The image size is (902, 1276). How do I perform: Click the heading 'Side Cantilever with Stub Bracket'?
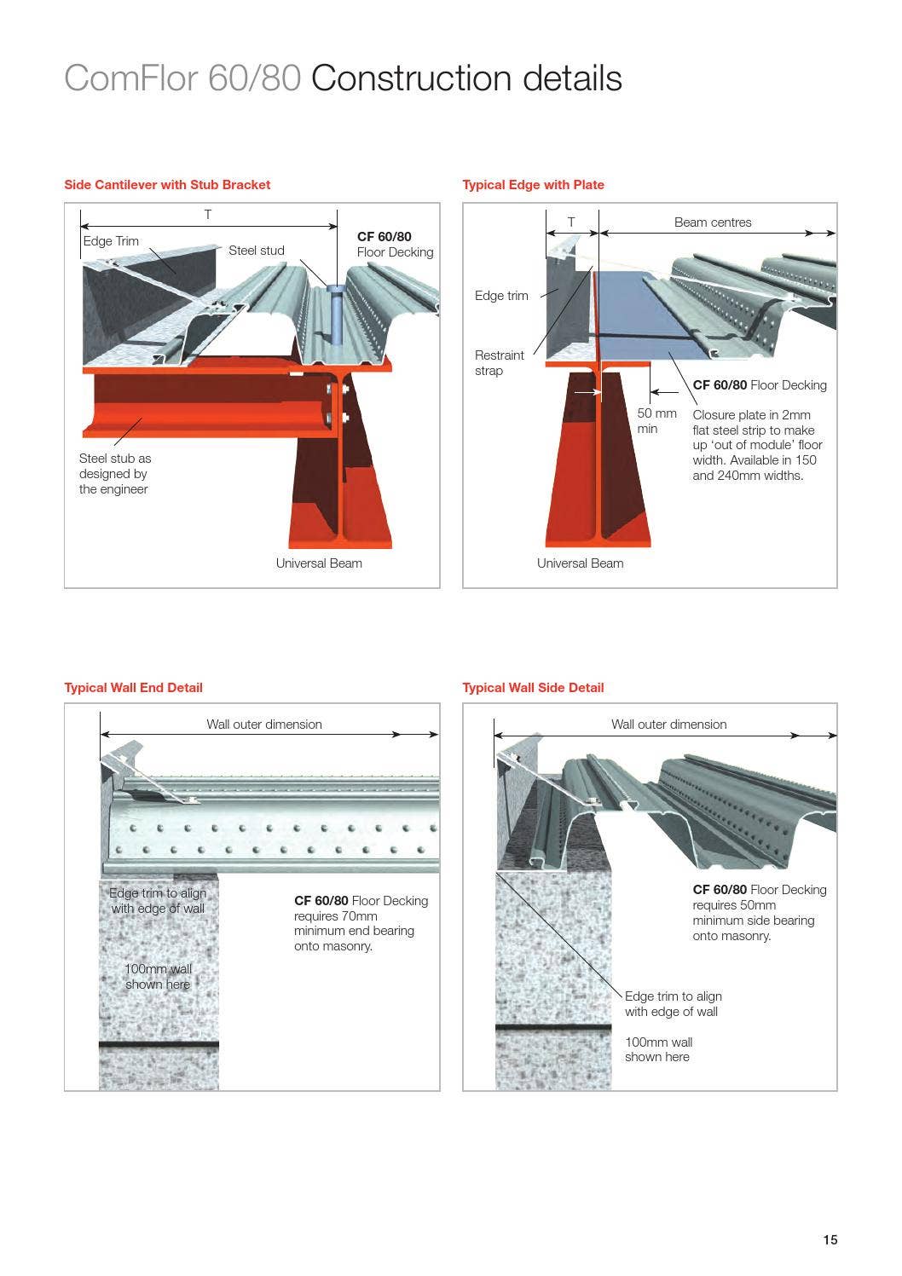[x=167, y=185]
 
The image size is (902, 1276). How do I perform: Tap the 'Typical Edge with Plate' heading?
[x=533, y=185]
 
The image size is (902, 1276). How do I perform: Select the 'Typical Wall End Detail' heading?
[x=133, y=688]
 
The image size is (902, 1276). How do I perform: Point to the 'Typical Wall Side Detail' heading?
[x=533, y=688]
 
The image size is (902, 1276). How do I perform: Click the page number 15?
[x=830, y=1240]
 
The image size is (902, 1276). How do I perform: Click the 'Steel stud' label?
[x=256, y=251]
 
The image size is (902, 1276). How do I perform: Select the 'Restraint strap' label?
[x=499, y=362]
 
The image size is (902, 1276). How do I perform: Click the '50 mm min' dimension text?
[x=656, y=421]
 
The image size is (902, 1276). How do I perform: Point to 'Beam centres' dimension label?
[x=713, y=222]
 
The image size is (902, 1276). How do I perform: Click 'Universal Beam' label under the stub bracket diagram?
[x=319, y=563]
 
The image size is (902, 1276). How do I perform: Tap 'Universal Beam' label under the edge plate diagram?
[x=580, y=563]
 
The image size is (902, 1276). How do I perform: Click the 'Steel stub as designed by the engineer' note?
[x=115, y=474]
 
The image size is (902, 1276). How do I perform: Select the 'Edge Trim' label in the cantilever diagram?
[x=111, y=241]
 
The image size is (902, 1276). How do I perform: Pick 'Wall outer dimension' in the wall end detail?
[x=264, y=725]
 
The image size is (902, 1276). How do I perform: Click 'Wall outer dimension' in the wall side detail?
[x=668, y=725]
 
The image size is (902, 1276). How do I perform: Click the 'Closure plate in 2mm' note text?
[x=752, y=415]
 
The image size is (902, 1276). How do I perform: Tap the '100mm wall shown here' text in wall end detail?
[x=158, y=977]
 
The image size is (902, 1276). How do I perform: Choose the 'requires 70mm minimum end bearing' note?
[x=354, y=924]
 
